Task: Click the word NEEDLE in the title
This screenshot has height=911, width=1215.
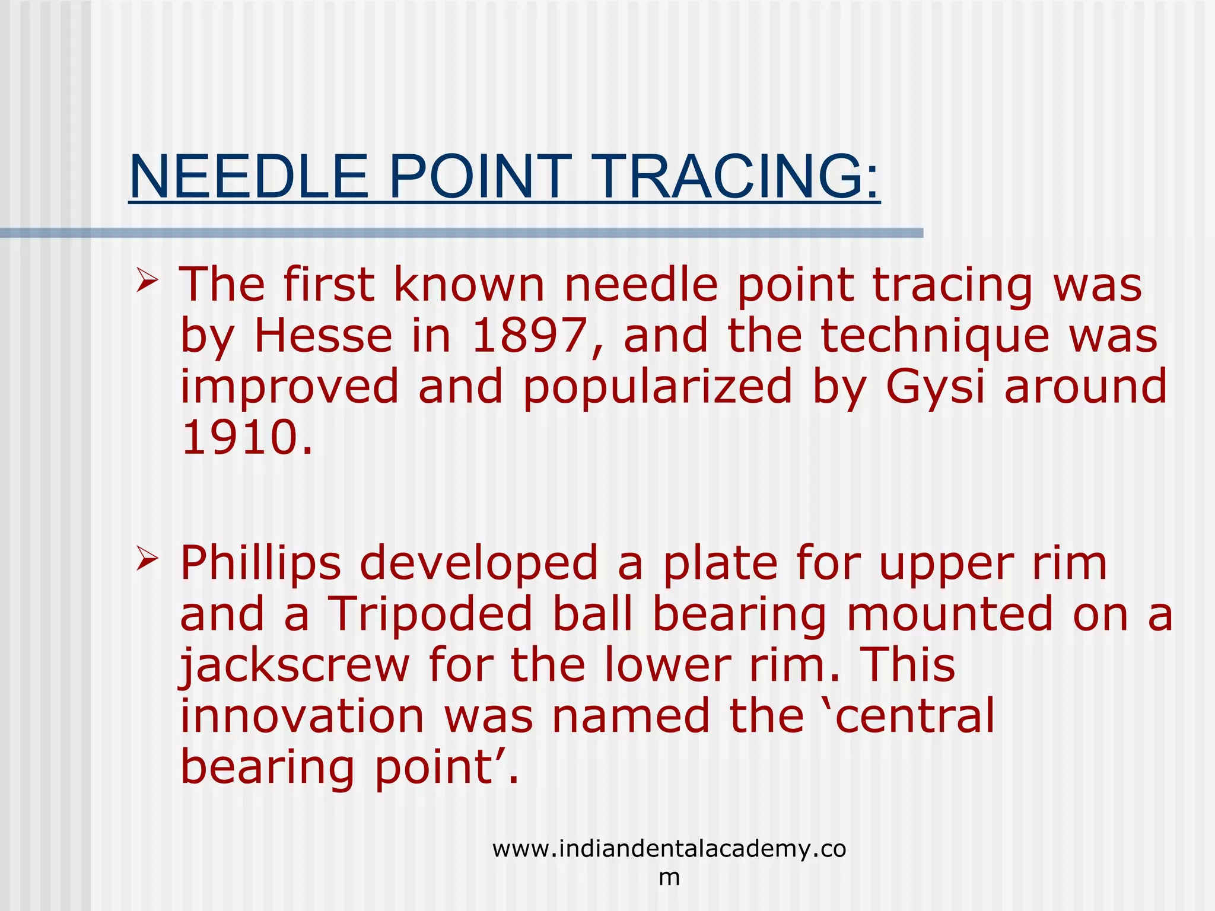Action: tap(249, 177)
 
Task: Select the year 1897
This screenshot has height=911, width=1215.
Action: tap(529, 336)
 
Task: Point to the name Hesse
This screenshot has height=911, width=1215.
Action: tap(323, 336)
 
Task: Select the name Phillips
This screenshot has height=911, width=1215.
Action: tap(260, 563)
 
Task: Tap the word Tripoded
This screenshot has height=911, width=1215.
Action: tap(430, 614)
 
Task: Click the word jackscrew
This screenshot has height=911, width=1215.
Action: tap(295, 665)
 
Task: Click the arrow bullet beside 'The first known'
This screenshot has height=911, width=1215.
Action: tap(147, 281)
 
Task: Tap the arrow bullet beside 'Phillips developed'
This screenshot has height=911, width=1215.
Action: tap(147, 559)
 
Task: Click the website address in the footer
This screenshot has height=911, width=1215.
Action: tap(669, 849)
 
